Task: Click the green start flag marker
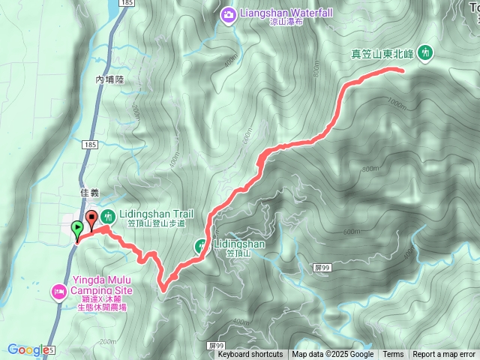tap(76, 229)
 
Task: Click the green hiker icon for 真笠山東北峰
tap(426, 52)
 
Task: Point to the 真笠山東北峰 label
tap(383, 53)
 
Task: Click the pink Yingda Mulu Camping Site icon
tap(59, 290)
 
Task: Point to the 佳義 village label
tap(89, 193)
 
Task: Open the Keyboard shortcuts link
tap(250, 355)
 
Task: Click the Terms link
tap(393, 355)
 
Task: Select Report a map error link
tap(444, 355)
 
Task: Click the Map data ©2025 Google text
tap(333, 355)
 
